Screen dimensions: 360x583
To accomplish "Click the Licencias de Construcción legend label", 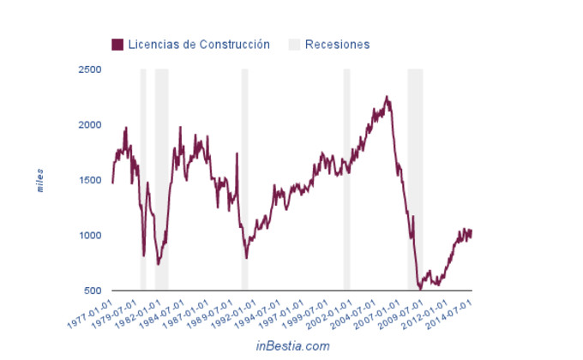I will click(x=199, y=44).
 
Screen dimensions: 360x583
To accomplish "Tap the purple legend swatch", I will click(x=117, y=44).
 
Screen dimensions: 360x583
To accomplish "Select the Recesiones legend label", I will click(x=337, y=44).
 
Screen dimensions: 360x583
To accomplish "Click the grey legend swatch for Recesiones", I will click(x=294, y=44).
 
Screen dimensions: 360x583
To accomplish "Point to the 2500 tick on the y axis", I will click(x=89, y=69).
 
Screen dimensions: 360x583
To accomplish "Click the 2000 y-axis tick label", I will click(x=89, y=125).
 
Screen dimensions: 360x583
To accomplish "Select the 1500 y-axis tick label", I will click(x=89, y=180).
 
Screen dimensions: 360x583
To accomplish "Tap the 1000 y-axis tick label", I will click(x=89, y=236).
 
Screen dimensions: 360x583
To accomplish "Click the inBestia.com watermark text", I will click(x=292, y=345).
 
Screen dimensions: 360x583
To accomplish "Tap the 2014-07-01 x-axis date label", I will click(x=454, y=313).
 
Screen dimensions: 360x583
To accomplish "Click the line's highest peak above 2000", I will click(x=387, y=97).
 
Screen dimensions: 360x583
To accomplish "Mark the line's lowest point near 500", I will click(x=420, y=289).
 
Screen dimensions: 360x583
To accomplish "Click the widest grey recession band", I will click(x=415, y=180).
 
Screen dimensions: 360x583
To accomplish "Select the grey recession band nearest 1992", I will click(x=245, y=180).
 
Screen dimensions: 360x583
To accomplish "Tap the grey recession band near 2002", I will click(x=346, y=180).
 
